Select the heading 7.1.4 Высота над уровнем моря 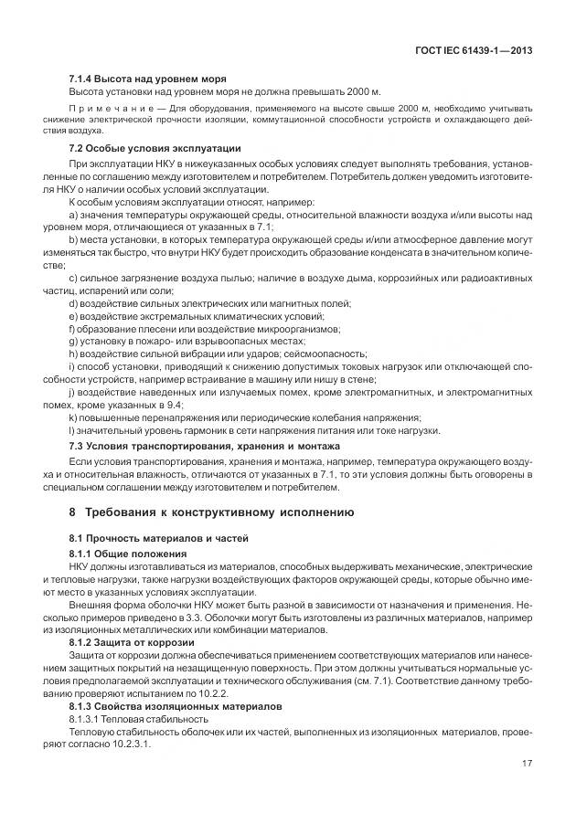pyautogui.click(x=147, y=80)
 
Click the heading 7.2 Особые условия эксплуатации pyautogui.click(x=155, y=147)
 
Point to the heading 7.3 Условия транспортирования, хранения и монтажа pyautogui.click(x=204, y=445)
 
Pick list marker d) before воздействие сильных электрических pyautogui.click(x=74, y=302)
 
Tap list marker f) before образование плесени pyautogui.click(x=73, y=328)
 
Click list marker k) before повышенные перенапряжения pyautogui.click(x=74, y=417)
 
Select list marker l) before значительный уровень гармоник pyautogui.click(x=72, y=430)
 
